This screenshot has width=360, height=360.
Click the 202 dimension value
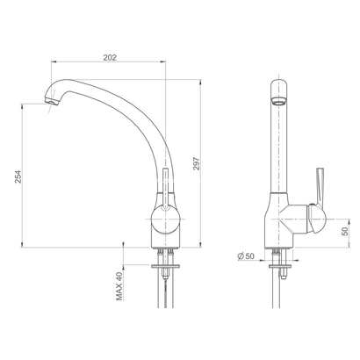point(109,57)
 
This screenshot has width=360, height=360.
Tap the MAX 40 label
point(118,285)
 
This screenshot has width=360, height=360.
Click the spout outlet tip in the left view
point(50,104)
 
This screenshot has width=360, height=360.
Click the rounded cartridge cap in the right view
point(309,217)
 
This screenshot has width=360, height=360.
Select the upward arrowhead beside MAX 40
point(123,265)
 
